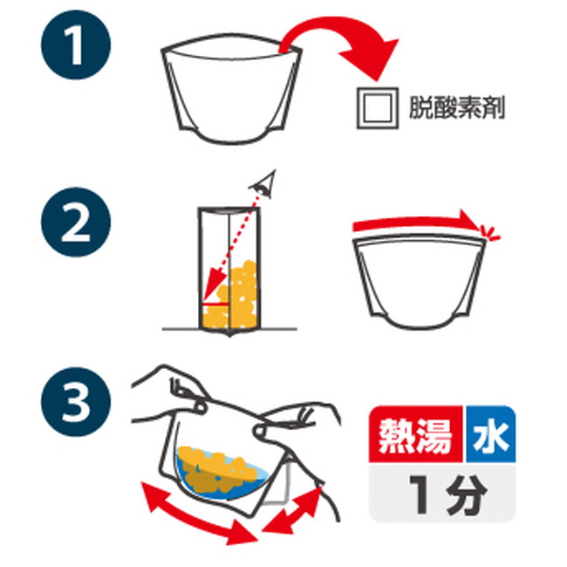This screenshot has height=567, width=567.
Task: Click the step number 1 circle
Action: pyautogui.click(x=76, y=44)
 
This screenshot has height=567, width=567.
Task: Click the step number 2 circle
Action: pyautogui.click(x=76, y=222)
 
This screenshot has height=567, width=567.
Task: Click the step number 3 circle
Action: pyautogui.click(x=76, y=402)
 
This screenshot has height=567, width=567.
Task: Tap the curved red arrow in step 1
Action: pyautogui.click(x=325, y=24)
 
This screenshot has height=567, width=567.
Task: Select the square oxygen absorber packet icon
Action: pyautogui.click(x=378, y=108)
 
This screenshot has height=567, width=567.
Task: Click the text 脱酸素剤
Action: pyautogui.click(x=457, y=108)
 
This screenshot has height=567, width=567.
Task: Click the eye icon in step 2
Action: pyautogui.click(x=263, y=184)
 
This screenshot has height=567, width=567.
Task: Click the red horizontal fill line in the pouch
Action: pyautogui.click(x=215, y=304)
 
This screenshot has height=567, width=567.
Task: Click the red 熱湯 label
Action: pyautogui.click(x=416, y=434)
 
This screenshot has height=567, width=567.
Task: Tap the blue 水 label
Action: pyautogui.click(x=491, y=434)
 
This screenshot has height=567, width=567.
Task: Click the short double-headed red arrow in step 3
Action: pyautogui.click(x=292, y=510)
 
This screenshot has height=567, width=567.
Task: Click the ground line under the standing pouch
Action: pyautogui.click(x=230, y=329)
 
